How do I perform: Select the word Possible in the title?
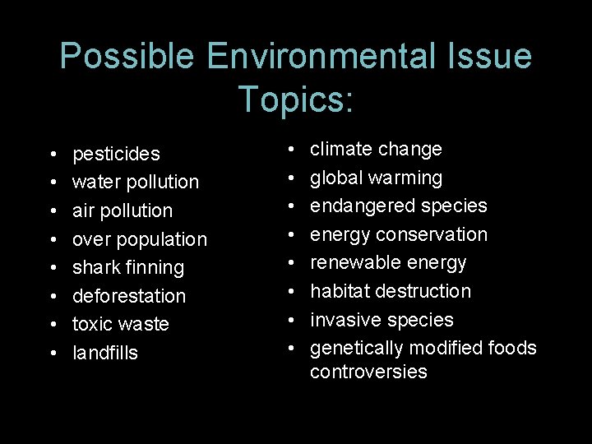(x=127, y=57)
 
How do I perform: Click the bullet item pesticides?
(x=116, y=154)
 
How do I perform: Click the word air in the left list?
(x=83, y=210)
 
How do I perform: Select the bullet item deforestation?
(x=129, y=295)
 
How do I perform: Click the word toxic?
(x=92, y=324)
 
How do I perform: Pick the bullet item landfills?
(x=105, y=353)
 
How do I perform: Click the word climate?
(x=340, y=149)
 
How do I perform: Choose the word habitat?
(x=337, y=291)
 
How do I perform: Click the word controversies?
(x=368, y=372)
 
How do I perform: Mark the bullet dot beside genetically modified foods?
(x=294, y=348)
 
